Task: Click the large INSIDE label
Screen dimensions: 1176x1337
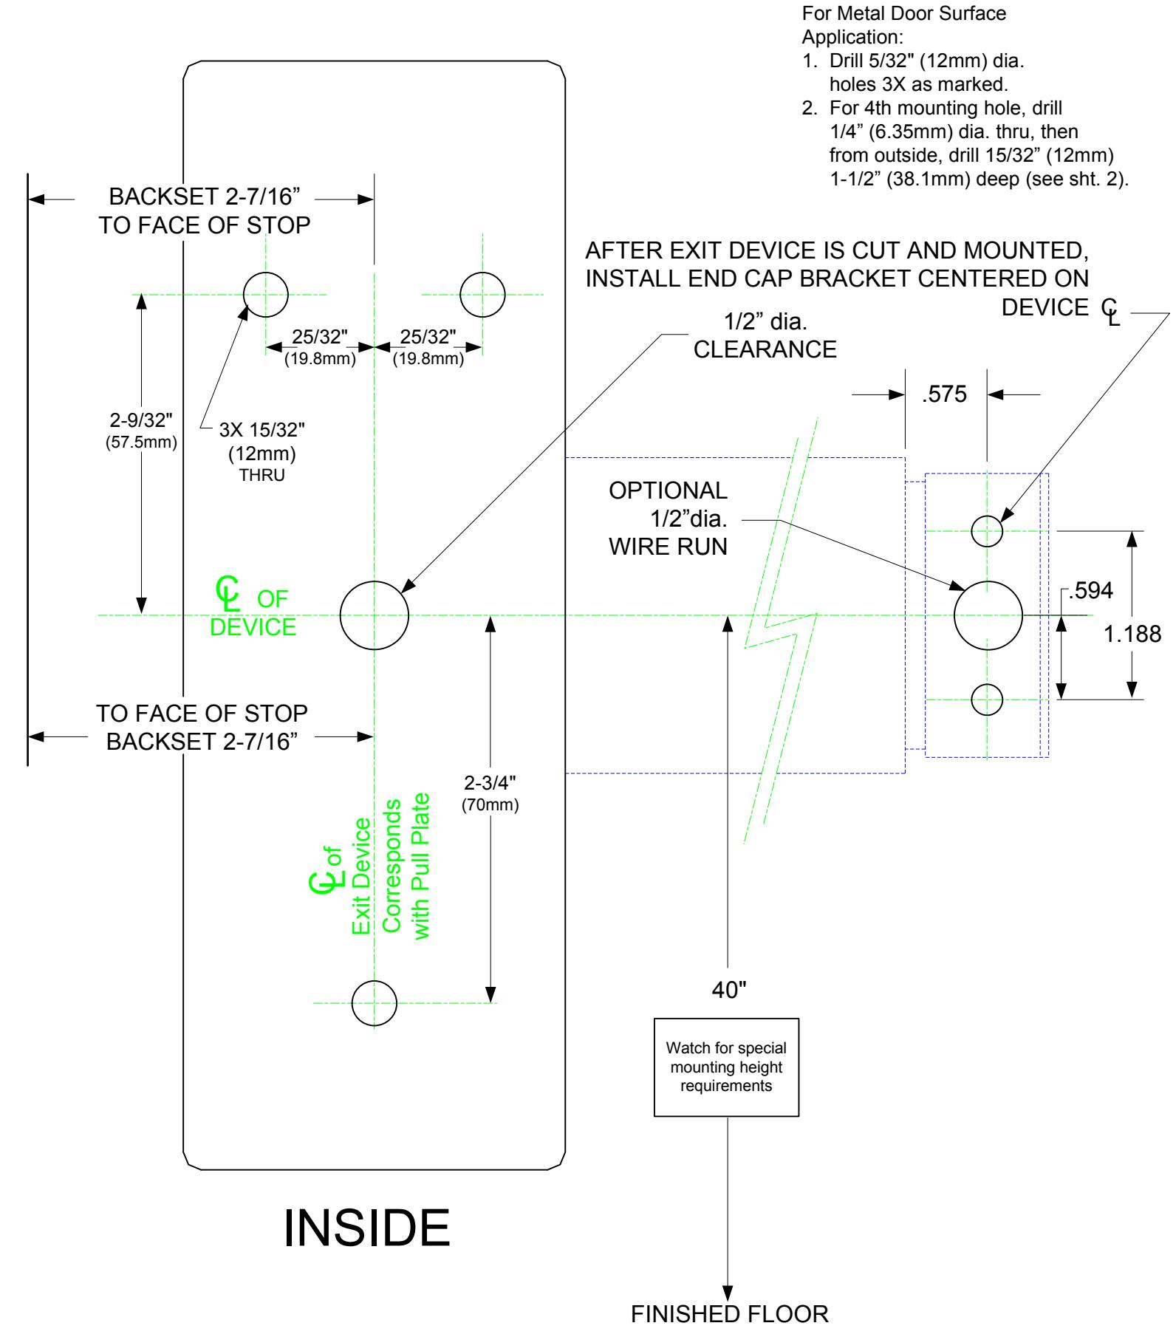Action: pos(366,1228)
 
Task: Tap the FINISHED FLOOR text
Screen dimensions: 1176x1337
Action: pos(729,1315)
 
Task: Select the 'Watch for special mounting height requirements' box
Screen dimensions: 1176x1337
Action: pos(726,1067)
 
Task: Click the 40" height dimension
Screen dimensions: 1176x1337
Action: pos(729,991)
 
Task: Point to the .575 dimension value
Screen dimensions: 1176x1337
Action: pos(945,394)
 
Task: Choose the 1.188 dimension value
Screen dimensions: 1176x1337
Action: pos(1132,634)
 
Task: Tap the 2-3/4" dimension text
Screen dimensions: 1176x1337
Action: pos(490,783)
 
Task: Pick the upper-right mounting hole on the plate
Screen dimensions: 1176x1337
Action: pos(460,294)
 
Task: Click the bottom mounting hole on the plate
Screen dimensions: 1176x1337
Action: pos(352,1003)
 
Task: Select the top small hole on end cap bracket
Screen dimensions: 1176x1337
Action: pos(971,530)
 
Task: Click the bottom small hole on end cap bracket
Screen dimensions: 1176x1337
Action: pos(971,700)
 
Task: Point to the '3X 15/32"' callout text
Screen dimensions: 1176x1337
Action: pos(262,430)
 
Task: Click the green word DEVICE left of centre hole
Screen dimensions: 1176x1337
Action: pos(253,627)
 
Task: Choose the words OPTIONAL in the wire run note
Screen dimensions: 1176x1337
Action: pos(668,490)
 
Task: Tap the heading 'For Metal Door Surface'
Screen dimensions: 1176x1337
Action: pos(903,13)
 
